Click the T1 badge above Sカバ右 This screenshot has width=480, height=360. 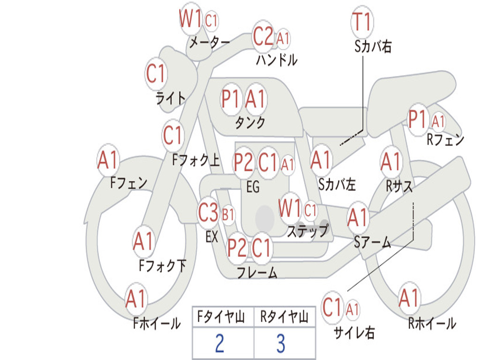pos(362,22)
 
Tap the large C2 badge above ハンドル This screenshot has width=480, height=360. pos(263,37)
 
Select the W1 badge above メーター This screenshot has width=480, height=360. pos(190,18)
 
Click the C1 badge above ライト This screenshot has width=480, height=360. pos(156,74)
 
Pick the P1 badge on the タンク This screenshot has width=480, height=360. pos(231,98)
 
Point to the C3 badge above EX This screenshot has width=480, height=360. pos(208,212)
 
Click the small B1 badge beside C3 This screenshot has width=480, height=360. pos(228,214)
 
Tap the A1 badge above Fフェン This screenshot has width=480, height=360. pos(108,159)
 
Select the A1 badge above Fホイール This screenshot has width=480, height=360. pos(135,299)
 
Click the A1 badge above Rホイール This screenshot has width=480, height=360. pos(409,298)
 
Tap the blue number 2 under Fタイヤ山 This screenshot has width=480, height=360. pos(220,343)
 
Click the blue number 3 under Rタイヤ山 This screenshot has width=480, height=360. pos(281,343)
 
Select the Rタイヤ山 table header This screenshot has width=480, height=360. pos(285,317)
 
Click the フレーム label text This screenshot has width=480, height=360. pos(257,272)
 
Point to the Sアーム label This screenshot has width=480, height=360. pos(373,242)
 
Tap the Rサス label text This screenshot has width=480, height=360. pos(399,186)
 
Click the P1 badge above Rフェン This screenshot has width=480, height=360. pos(418,120)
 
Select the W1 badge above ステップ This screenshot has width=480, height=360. pos(290,208)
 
